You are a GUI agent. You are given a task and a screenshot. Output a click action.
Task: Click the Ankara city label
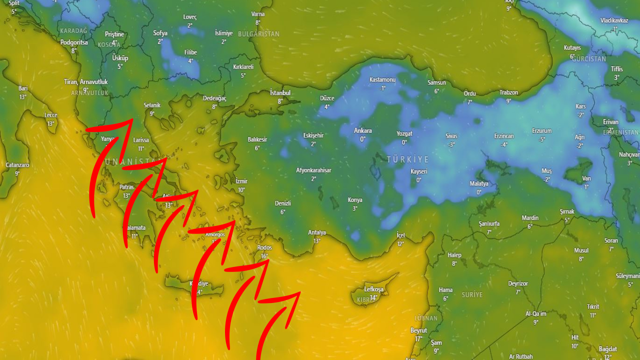point(362,130)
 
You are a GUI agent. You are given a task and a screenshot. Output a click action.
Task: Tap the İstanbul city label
point(280,93)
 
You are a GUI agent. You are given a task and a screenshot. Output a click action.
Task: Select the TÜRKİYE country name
point(407,159)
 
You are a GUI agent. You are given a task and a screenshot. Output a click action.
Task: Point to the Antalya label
point(317,232)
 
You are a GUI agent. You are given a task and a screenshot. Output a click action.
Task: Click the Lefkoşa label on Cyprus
point(373,289)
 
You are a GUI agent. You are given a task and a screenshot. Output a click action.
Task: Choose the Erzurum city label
point(541,131)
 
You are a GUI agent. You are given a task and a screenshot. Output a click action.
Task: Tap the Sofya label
point(160,33)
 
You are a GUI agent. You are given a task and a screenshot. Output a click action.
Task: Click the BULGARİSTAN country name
point(258,34)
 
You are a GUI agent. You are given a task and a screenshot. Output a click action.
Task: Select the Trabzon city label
point(508,92)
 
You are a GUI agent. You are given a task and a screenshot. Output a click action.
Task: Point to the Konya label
point(355,200)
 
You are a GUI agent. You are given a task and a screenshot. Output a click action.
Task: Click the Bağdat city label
point(607,349)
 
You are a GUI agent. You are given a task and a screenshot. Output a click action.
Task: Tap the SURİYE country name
point(472,295)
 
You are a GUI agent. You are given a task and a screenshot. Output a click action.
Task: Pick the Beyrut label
point(418,330)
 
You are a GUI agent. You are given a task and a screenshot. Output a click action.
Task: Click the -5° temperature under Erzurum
point(541,139)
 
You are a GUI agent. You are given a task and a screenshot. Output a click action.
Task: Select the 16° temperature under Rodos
point(264,256)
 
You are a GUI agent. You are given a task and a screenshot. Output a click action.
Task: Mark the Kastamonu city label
point(382,80)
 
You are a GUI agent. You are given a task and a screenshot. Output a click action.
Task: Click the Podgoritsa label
point(74,42)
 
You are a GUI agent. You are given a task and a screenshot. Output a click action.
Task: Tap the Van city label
point(586,178)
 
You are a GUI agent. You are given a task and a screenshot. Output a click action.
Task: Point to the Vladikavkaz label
point(614,20)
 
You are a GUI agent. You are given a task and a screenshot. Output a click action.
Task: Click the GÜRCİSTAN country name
point(588,59)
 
